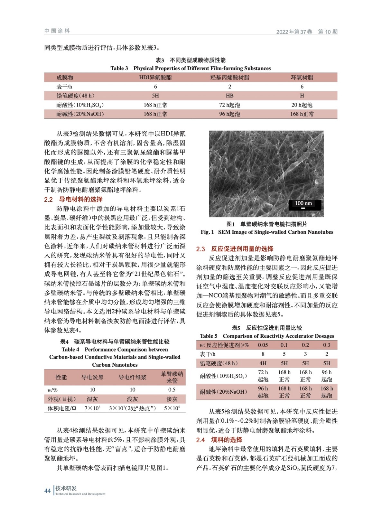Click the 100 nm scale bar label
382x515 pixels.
pos(303,203)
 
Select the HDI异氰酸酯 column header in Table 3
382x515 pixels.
pos(155,78)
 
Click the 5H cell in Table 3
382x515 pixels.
pos(155,96)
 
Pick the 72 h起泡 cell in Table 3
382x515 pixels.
pos(229,105)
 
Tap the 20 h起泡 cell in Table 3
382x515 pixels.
pos(302,105)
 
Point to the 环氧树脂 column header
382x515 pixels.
pos(302,78)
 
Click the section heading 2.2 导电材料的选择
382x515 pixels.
pos(73,199)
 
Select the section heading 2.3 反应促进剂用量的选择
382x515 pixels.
pos(235,249)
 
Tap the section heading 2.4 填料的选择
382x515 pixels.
pos(219,440)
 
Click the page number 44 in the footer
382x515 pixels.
pos(47,491)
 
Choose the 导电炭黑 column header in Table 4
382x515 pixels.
pos(92,377)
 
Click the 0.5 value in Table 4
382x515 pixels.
pos(172,390)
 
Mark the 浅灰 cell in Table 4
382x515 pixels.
pos(132,399)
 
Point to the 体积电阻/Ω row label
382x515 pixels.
pos(62,408)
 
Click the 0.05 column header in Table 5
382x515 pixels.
pos(263,345)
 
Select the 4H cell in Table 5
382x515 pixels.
pos(263,363)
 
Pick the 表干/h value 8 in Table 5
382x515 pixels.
pos(263,354)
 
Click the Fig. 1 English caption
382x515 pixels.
pos(267,232)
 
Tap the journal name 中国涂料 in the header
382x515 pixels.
pos(57,31)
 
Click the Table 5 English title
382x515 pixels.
pos(267,336)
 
